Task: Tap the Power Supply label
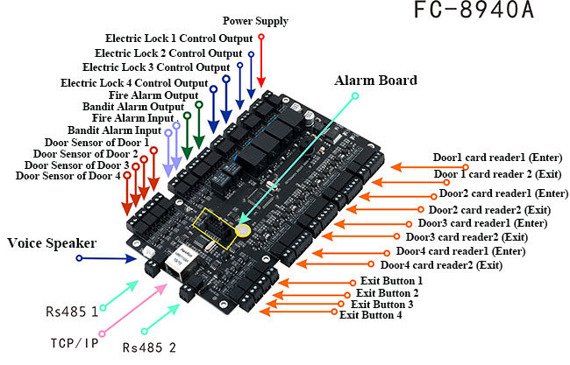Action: [255, 20]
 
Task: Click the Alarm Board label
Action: [375, 80]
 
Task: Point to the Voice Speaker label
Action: [52, 242]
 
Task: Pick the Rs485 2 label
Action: [149, 347]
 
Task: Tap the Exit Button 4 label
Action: [371, 315]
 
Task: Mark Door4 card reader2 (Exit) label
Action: [441, 264]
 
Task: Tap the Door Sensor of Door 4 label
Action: [68, 176]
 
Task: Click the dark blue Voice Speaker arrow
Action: [105, 259]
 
